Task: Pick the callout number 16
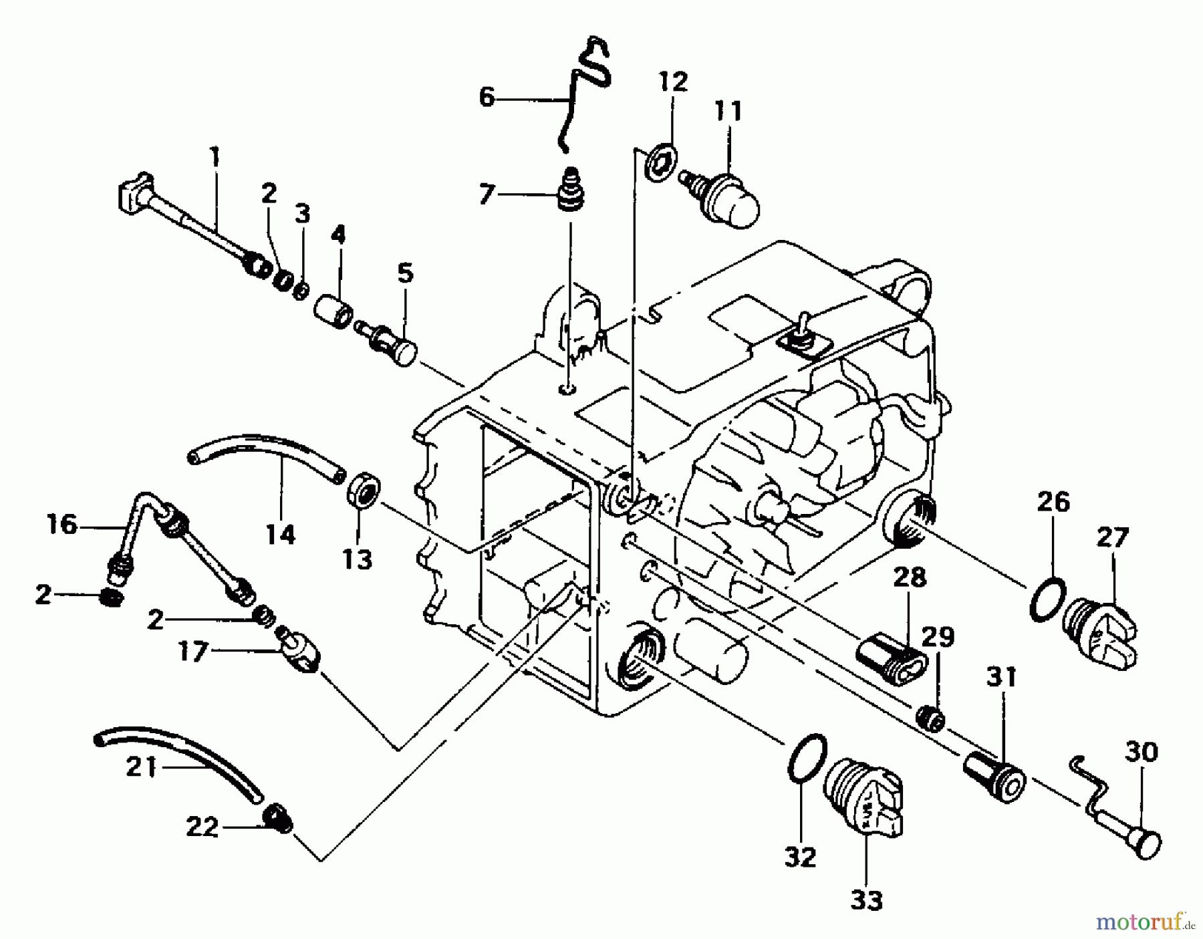[x=61, y=525]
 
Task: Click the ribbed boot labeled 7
[x=567, y=192]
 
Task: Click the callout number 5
[x=405, y=273]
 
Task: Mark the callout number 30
[x=1140, y=753]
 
